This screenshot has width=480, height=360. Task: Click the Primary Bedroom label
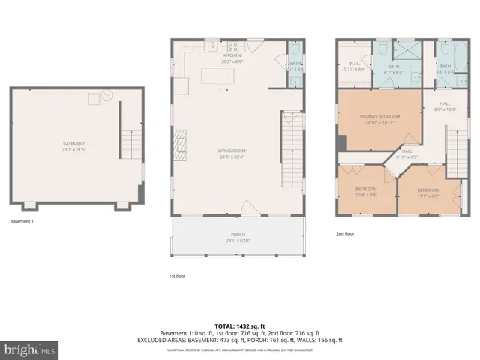coord(379,117)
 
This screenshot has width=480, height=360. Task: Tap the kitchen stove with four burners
coord(232,46)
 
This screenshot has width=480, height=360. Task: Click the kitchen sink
coord(202,46)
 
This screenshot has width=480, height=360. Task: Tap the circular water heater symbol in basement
coord(106,95)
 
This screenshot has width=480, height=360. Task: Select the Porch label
coord(237,235)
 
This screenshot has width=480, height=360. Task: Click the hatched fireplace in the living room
coord(179,142)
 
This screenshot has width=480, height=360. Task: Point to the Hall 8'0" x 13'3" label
coord(445,106)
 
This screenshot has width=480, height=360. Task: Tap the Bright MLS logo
coord(28,349)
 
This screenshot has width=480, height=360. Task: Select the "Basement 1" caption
coord(22,222)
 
